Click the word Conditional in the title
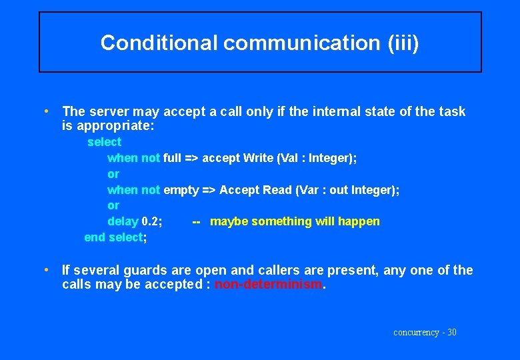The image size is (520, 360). (x=159, y=43)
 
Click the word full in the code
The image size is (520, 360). (x=172, y=158)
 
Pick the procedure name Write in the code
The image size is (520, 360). (x=258, y=158)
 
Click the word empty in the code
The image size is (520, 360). (x=181, y=190)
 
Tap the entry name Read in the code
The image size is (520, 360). (x=277, y=190)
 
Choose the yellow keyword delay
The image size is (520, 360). (x=123, y=221)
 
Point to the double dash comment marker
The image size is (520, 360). (x=196, y=221)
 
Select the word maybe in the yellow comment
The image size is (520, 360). (x=227, y=221)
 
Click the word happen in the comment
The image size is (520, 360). (x=359, y=221)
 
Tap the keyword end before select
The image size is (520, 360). (x=95, y=237)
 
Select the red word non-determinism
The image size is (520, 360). (x=268, y=284)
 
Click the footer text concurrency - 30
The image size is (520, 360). (x=425, y=332)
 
